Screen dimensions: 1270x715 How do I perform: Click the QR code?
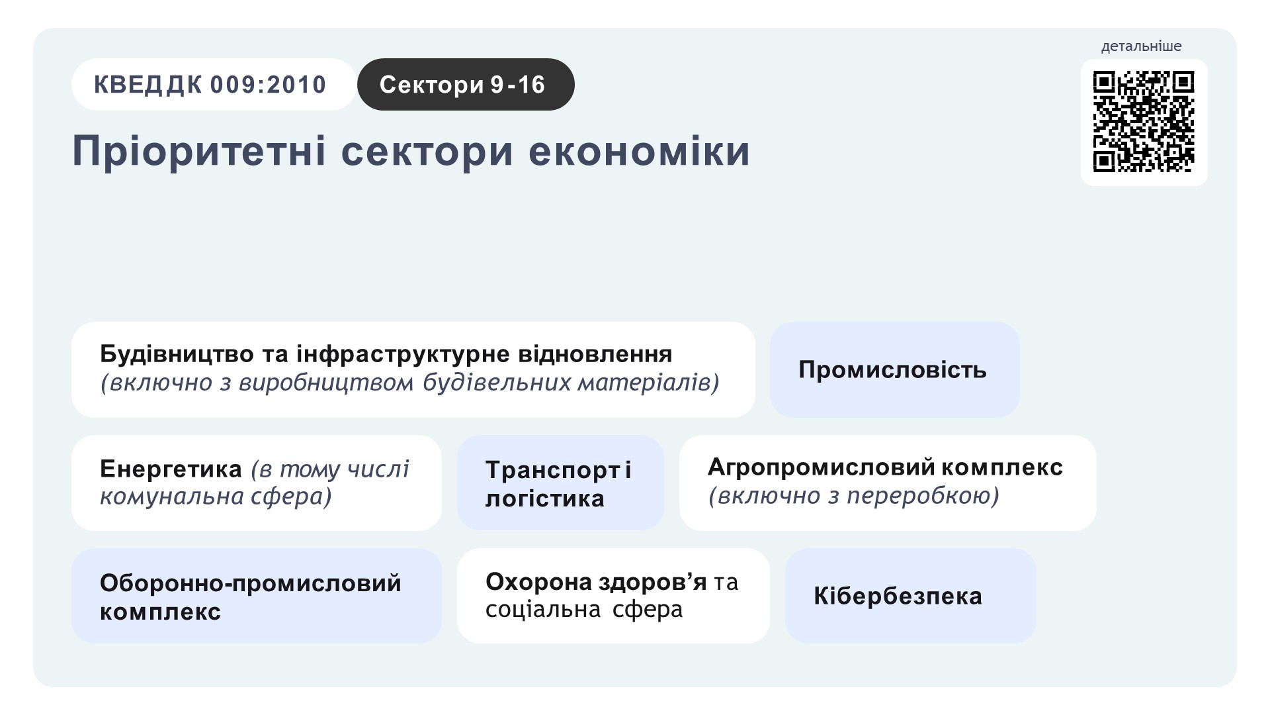coord(1144,122)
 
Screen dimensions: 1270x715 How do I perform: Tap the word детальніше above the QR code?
coord(1141,46)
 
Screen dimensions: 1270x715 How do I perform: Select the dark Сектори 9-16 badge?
coord(466,85)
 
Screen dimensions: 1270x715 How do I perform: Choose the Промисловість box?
coord(894,369)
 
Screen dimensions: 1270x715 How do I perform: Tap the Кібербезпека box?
coord(910,596)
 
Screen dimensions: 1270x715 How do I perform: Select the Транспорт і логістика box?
coord(560,483)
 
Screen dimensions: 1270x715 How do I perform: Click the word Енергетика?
coord(171,469)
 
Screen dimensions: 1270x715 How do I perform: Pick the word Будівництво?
coord(177,354)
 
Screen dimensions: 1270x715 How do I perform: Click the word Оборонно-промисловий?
coord(251,583)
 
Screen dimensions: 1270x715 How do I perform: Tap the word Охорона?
coord(538,582)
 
